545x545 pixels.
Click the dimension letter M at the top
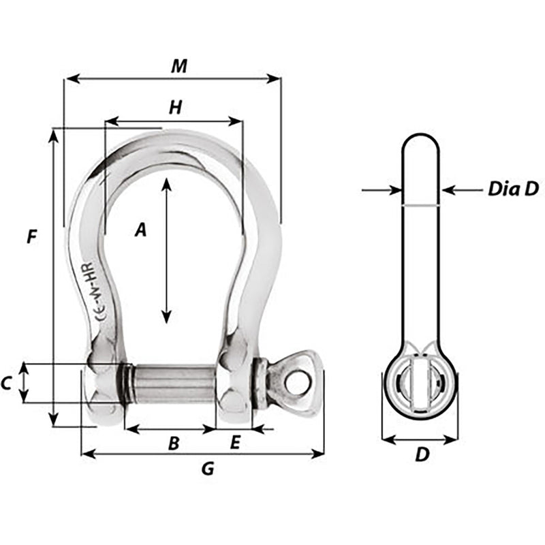(178, 65)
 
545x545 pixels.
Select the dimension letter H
(175, 107)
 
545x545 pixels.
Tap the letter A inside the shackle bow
(140, 230)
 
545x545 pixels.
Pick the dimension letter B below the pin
(174, 444)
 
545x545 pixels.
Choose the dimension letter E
(234, 443)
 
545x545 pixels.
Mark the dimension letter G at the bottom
(208, 469)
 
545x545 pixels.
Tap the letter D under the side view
(422, 455)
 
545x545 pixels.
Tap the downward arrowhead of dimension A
(166, 317)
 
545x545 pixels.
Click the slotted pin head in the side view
(419, 382)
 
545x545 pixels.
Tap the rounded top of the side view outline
(419, 136)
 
